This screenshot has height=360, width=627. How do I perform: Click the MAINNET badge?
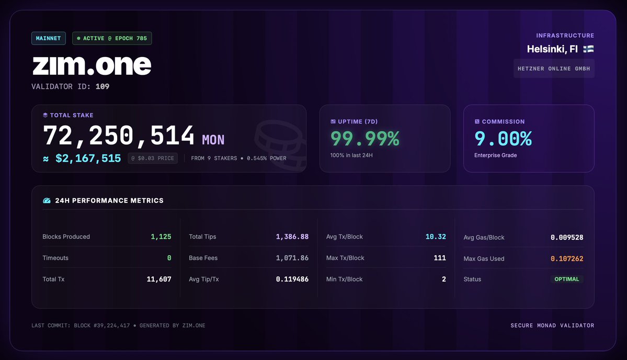pyautogui.click(x=49, y=38)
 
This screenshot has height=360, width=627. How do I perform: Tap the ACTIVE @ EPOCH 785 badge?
pyautogui.click(x=112, y=38)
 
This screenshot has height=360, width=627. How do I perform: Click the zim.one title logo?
pyautogui.click(x=92, y=65)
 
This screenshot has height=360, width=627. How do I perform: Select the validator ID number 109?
pyautogui.click(x=102, y=87)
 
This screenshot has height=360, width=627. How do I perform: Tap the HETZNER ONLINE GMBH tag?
pyautogui.click(x=554, y=69)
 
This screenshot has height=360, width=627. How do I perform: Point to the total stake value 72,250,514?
pyautogui.click(x=119, y=136)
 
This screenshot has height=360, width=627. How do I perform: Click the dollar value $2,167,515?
pyautogui.click(x=88, y=159)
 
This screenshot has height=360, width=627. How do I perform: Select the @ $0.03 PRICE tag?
pyautogui.click(x=152, y=159)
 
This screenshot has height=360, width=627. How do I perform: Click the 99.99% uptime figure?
pyautogui.click(x=365, y=139)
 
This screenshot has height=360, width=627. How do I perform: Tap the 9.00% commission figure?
pyautogui.click(x=503, y=139)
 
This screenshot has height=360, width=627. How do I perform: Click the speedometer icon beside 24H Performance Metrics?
pyautogui.click(x=47, y=200)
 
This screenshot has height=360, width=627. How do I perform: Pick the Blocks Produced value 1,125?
pyautogui.click(x=161, y=237)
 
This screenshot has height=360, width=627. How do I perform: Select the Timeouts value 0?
pyautogui.click(x=169, y=258)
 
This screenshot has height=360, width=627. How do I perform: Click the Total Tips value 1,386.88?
pyautogui.click(x=292, y=237)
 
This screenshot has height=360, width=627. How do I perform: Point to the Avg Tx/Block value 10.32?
pyautogui.click(x=436, y=237)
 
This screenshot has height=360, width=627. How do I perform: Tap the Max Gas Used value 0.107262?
pyautogui.click(x=567, y=259)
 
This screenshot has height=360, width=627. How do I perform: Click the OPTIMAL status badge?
pyautogui.click(x=567, y=279)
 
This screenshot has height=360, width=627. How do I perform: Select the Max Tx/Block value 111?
pyautogui.click(x=440, y=258)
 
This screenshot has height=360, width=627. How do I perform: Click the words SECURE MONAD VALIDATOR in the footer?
pyautogui.click(x=552, y=325)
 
